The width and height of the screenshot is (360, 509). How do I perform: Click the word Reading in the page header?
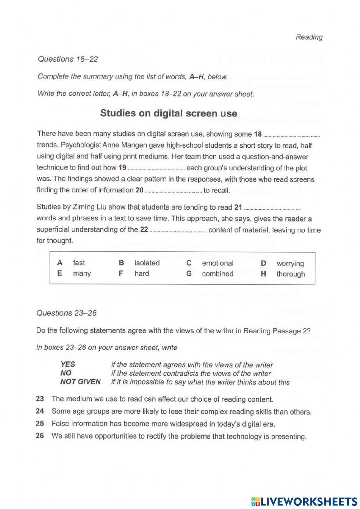tap(309, 37)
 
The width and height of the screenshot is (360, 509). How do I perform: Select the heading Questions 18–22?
tap(68, 59)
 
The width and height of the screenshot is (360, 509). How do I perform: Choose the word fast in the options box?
tap(79, 263)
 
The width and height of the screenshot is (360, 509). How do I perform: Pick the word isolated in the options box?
tap(147, 263)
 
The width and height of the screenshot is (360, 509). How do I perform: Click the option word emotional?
tap(217, 263)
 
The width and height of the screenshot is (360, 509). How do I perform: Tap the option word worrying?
tap(290, 263)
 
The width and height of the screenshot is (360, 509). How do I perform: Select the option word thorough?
tap(290, 274)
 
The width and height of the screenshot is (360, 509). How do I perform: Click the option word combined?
tap(217, 274)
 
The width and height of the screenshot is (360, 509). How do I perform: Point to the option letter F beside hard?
tap(121, 273)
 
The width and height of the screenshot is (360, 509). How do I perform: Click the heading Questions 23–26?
tap(67, 313)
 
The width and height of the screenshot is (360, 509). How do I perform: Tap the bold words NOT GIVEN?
tap(80, 381)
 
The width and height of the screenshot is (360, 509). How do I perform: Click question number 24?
tap(40, 411)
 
